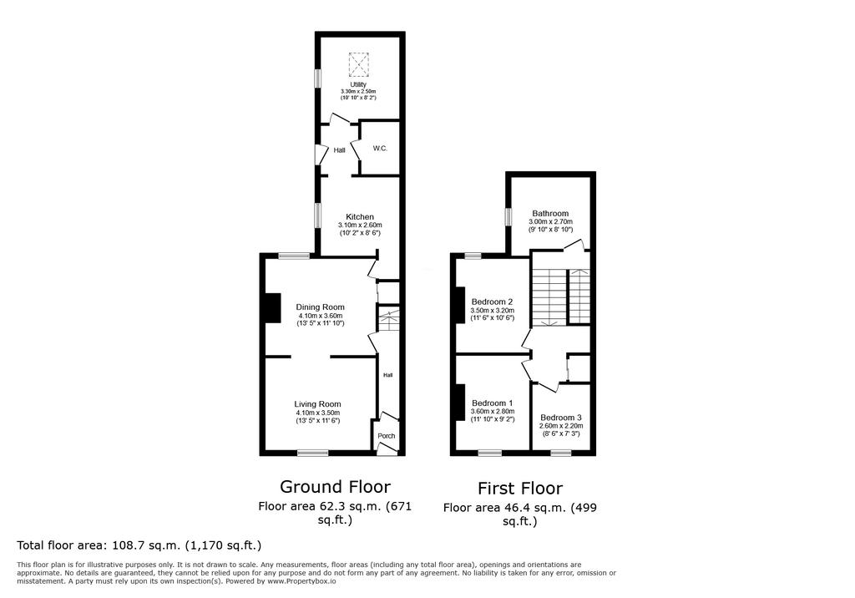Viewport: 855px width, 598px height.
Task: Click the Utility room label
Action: pos(358,84)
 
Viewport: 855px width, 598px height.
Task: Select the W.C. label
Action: pos(380,149)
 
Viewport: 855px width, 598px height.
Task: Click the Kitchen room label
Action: pos(360,216)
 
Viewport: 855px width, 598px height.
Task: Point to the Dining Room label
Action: pos(320,307)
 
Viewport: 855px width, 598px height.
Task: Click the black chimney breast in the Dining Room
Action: pos(272,308)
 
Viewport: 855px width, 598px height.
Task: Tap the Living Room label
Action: pos(317,404)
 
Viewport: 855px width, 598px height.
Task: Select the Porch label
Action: pos(387,436)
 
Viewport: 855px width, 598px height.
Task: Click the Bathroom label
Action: pos(551,213)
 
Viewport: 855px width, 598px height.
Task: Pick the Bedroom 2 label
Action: pos(493,302)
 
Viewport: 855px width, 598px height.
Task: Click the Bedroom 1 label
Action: pos(493,403)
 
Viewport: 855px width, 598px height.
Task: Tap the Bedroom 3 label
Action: pos(561,418)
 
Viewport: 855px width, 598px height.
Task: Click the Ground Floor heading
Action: pos(336,486)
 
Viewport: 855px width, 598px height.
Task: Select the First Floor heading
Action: pos(520,488)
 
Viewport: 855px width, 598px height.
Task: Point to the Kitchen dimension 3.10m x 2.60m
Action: pos(360,225)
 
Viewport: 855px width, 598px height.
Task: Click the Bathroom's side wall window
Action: pos(508,216)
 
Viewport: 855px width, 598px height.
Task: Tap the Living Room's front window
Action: pos(313,453)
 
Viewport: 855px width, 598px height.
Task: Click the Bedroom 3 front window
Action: pos(560,453)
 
